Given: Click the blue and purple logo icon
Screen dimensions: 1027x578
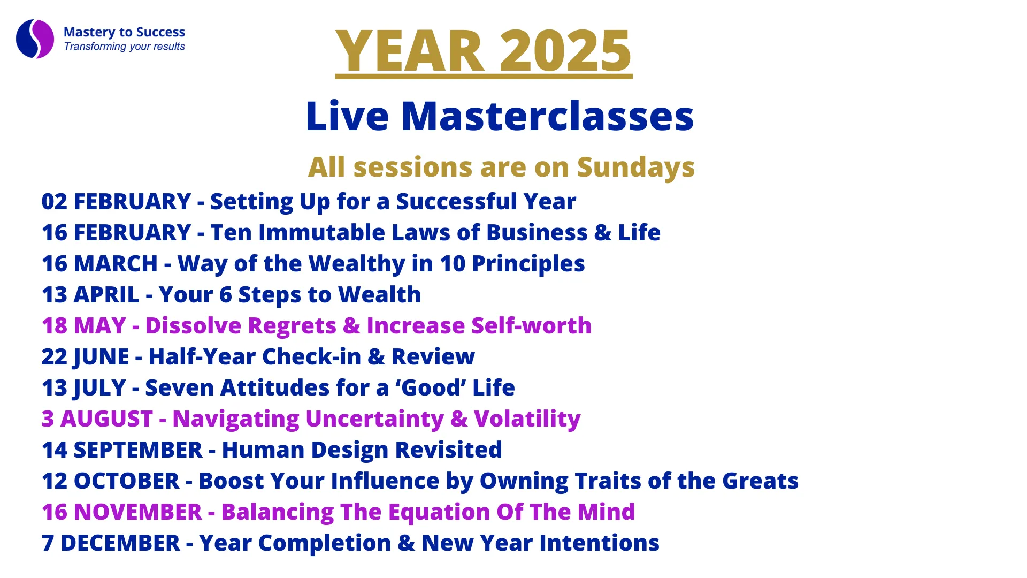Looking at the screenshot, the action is [35, 39].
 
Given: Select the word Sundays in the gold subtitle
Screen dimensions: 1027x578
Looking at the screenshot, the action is [635, 168].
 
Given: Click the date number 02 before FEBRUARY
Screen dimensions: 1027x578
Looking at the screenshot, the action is [55, 202].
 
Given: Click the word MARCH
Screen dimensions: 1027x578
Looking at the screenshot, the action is [116, 264].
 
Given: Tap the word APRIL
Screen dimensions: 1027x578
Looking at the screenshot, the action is [106, 295].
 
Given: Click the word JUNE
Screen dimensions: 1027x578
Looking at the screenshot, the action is [101, 357].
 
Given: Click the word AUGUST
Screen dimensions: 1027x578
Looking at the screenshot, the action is [107, 419].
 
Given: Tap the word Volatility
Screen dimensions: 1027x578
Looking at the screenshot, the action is [527, 419].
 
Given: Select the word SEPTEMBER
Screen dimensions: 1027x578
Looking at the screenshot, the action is [138, 450].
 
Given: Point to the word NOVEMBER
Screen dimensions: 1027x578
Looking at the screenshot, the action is [138, 512].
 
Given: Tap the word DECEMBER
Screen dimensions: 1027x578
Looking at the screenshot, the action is [120, 543].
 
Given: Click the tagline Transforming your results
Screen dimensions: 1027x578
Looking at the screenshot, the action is [124, 47].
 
